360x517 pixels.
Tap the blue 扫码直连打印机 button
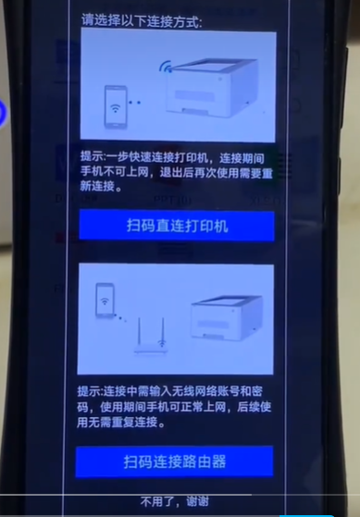(177, 226)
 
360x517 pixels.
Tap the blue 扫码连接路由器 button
(175, 462)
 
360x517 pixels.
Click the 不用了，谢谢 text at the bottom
(175, 502)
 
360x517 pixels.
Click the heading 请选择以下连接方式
(142, 21)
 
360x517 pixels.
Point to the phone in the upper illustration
(116, 107)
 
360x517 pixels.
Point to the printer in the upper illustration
(212, 88)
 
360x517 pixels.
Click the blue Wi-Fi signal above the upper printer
(166, 66)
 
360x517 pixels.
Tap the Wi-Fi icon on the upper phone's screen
(115, 107)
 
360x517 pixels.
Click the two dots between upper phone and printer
(134, 103)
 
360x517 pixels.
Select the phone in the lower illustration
(105, 301)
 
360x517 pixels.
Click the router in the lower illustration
(151, 337)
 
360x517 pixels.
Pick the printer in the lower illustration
(228, 317)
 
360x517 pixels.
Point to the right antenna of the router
(163, 331)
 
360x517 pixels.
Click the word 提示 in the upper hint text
(91, 157)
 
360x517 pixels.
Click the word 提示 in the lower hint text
(88, 391)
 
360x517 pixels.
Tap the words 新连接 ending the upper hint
(97, 186)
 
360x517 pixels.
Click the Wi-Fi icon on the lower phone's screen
(105, 302)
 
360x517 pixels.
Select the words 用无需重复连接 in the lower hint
(118, 422)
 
